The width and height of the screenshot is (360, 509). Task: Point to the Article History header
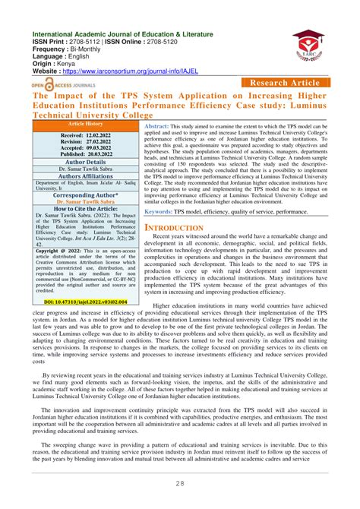click(x=85, y=123)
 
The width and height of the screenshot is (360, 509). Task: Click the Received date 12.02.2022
click(x=85, y=133)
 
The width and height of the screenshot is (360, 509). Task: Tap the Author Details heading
click(x=85, y=162)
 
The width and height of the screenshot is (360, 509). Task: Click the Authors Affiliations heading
click(x=85, y=175)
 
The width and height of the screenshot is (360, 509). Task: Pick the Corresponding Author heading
click(x=85, y=194)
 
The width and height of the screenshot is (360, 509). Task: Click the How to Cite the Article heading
click(x=85, y=208)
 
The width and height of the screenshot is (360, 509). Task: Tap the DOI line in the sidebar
click(x=85, y=302)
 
